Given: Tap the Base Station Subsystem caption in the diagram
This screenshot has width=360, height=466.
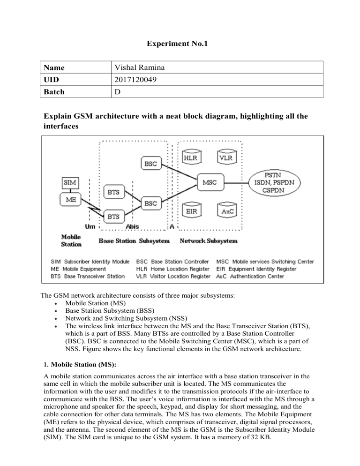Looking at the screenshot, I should tap(136, 241).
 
